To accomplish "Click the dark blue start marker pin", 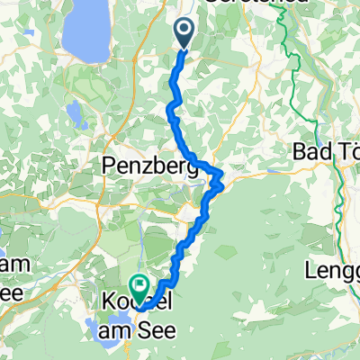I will (x=184, y=33).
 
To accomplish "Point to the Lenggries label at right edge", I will (x=333, y=269).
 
